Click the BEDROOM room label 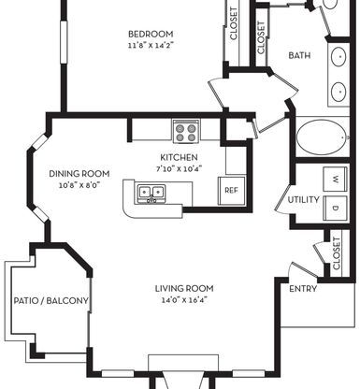[x=151, y=34]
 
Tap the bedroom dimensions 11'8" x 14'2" [x=151, y=45]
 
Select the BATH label [x=299, y=55]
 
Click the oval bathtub [x=322, y=137]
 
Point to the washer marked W [x=335, y=179]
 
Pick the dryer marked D [x=335, y=208]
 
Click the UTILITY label [x=303, y=199]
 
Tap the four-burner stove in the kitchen [x=186, y=132]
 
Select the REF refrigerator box [x=231, y=191]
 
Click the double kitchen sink [x=151, y=194]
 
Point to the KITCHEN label [x=179, y=157]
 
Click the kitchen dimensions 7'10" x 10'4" [x=179, y=169]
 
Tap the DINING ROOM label [x=79, y=174]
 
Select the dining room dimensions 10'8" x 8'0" [x=79, y=185]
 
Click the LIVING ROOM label [x=184, y=288]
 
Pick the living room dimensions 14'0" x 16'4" [x=184, y=300]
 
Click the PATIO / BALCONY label [x=50, y=301]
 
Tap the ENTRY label [x=303, y=289]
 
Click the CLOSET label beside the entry [x=337, y=253]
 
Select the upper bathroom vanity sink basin [x=338, y=56]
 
